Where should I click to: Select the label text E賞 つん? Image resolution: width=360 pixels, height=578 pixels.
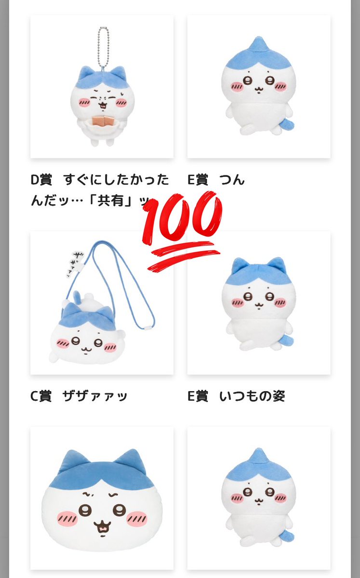(x=216, y=180)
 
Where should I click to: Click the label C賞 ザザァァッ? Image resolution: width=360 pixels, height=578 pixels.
(x=79, y=396)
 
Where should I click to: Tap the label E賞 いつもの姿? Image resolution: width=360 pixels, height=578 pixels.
(x=236, y=396)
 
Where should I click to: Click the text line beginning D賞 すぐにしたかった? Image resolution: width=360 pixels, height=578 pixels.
(x=100, y=180)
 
